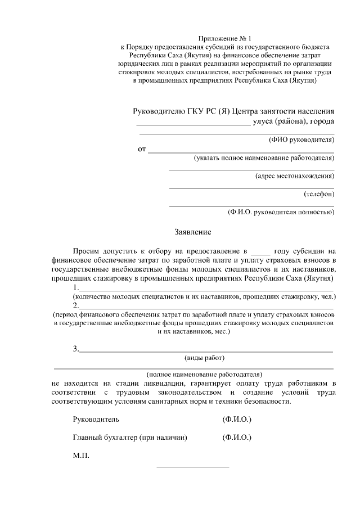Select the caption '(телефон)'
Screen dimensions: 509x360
point(319,194)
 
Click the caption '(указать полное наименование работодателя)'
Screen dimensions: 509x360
point(264,158)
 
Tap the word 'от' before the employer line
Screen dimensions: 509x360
point(142,150)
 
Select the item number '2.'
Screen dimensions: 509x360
point(76,306)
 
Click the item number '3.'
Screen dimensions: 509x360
point(76,349)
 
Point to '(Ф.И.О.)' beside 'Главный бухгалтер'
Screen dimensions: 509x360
point(237,437)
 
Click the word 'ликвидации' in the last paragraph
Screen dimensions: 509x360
point(160,384)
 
